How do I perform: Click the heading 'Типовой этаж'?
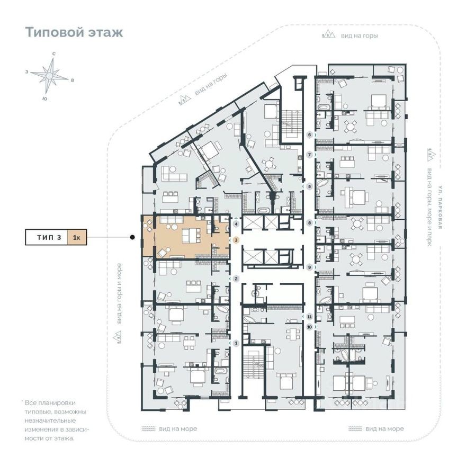click(74, 32)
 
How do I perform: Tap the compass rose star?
click(49, 76)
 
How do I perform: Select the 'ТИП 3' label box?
click(47, 237)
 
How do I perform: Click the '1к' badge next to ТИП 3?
click(77, 237)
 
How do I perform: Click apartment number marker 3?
click(236, 240)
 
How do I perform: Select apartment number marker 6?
click(310, 135)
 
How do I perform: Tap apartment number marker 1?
click(236, 343)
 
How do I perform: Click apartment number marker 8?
click(310, 223)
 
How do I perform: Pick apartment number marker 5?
click(310, 187)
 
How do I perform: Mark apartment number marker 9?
click(310, 267)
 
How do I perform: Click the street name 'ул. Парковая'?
click(440, 206)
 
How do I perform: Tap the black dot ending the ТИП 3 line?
click(132, 237)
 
